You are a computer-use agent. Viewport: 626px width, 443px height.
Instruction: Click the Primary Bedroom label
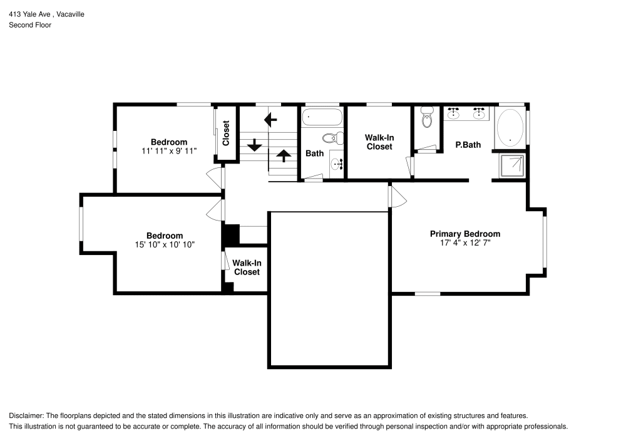click(464, 234)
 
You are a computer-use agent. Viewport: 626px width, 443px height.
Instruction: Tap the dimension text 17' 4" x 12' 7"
click(464, 242)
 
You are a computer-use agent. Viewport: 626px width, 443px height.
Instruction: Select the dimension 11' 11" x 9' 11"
click(168, 151)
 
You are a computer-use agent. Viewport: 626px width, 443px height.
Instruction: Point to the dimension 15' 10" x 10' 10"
click(165, 245)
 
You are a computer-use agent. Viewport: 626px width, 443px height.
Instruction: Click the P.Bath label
click(468, 145)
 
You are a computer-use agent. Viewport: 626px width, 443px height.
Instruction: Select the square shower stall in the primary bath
click(511, 166)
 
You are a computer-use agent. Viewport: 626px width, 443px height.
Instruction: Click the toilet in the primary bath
click(427, 117)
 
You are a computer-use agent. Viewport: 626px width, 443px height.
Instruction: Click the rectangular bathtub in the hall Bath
click(322, 117)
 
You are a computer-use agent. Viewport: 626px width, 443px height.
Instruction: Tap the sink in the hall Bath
click(336, 164)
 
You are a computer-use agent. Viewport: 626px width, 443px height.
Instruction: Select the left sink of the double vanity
click(454, 113)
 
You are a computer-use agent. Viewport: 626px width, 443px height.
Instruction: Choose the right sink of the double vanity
click(480, 113)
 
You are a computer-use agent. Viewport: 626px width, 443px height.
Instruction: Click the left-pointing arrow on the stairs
click(270, 118)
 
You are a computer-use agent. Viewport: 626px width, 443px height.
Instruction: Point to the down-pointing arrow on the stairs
click(254, 145)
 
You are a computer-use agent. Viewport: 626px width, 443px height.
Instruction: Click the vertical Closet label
click(226, 133)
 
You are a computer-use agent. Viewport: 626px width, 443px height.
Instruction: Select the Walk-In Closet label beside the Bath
click(379, 142)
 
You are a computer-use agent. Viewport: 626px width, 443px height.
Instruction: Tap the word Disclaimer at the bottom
click(26, 416)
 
